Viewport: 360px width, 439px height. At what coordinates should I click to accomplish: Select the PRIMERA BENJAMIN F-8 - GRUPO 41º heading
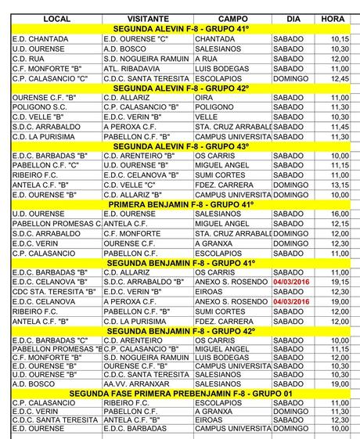coord(181,203)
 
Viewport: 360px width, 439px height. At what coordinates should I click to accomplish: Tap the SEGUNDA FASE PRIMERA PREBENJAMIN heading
coord(181,393)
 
